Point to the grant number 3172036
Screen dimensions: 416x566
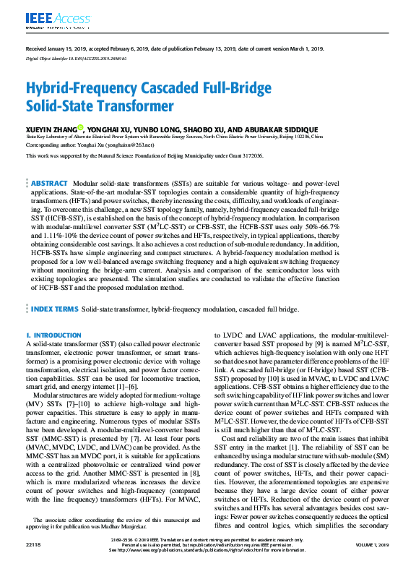pyautogui.click(x=248, y=155)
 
